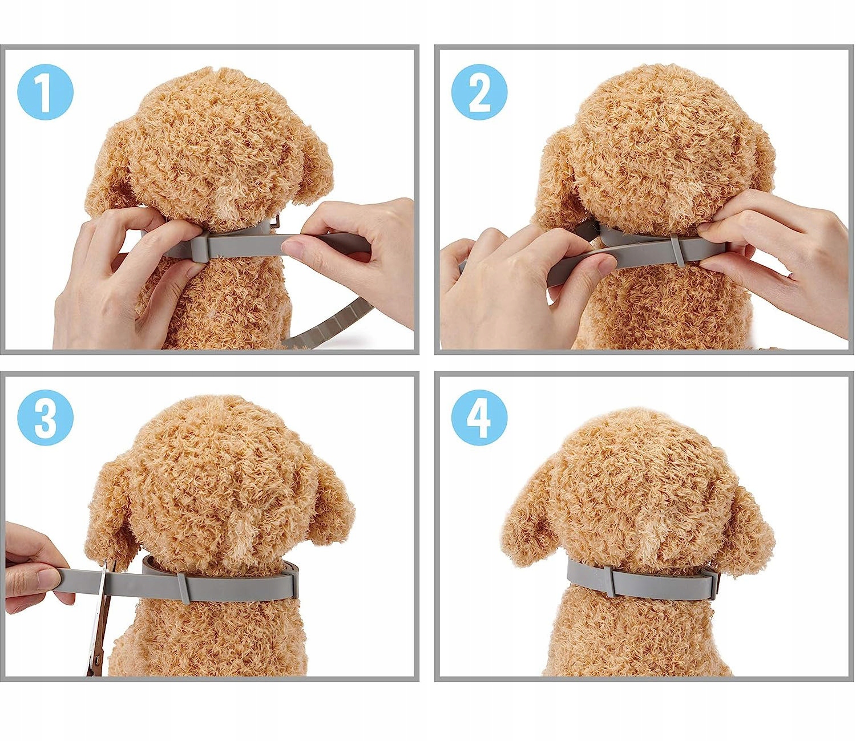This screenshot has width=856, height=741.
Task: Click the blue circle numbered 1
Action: coord(45,92)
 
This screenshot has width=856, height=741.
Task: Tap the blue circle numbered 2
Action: coord(479,92)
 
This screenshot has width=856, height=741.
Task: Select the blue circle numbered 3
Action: coord(45,418)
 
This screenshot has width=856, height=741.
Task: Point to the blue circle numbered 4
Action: coord(479,418)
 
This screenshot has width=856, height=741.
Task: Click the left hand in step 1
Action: coord(124,277)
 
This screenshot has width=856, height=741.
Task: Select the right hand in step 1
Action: coord(356,257)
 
